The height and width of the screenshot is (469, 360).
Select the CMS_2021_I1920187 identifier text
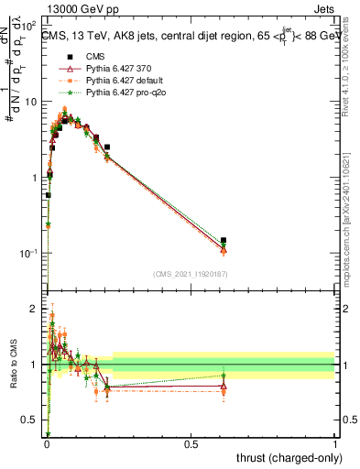191,274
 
